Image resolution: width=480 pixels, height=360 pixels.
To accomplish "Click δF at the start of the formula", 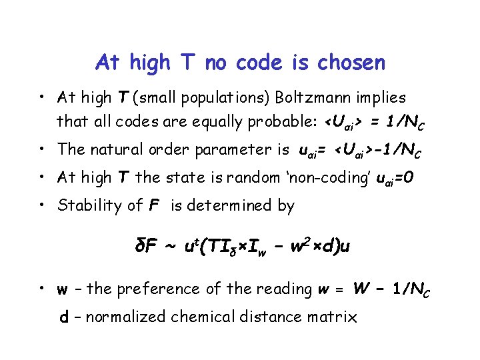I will tap(146, 246).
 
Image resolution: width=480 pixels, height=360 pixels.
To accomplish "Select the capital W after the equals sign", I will tap(361, 288).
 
